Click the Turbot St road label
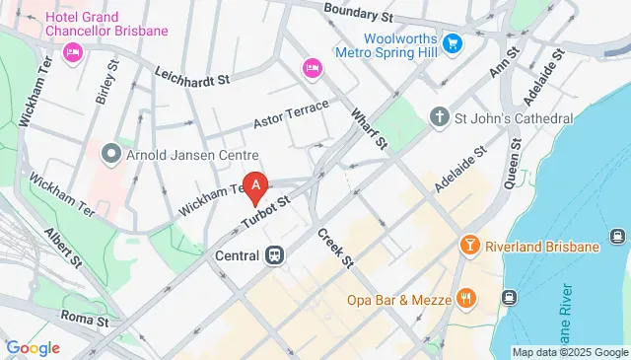pos(267,209)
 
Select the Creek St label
pos(335,248)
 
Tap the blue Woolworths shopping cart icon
pos(453,43)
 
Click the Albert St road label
pos(62,248)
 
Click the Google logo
pos(33,347)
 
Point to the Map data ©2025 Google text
pos(569,352)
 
